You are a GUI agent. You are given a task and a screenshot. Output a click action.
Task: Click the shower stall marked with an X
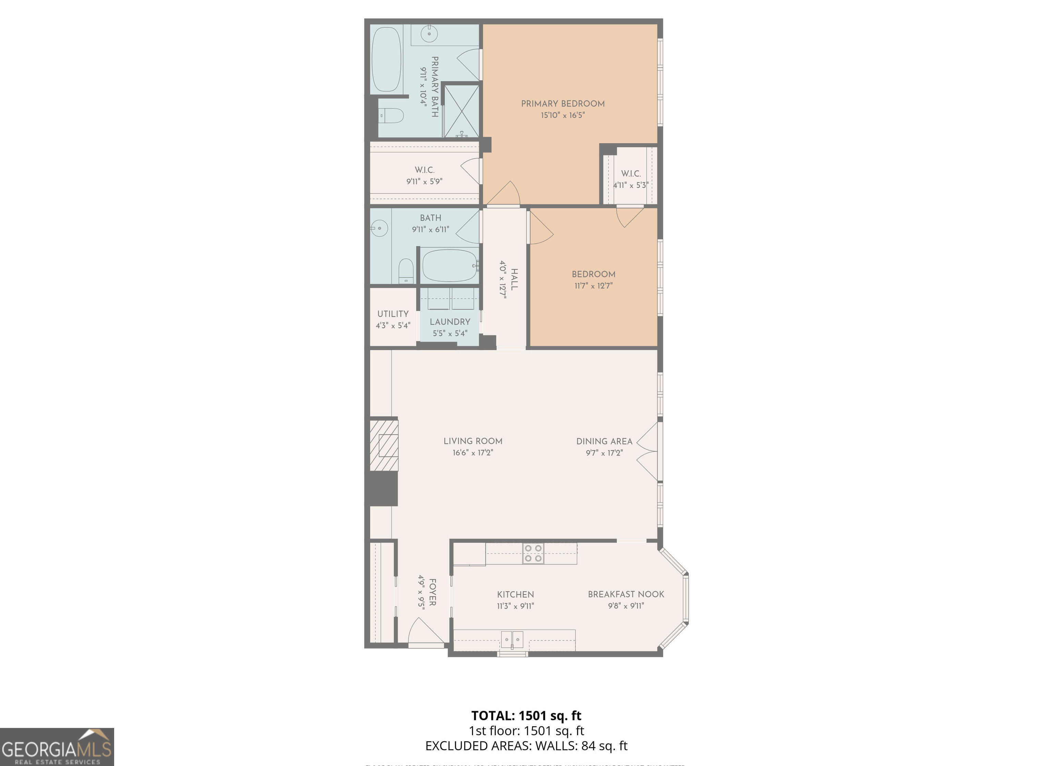click(461, 111)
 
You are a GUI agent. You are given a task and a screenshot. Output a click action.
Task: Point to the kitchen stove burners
click(533, 554)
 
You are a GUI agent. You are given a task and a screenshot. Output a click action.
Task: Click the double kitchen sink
click(512, 640)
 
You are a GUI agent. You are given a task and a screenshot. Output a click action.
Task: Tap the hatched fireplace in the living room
click(384, 445)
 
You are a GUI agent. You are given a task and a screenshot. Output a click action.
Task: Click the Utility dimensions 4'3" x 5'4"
click(393, 326)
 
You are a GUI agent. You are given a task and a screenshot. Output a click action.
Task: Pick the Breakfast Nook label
click(626, 594)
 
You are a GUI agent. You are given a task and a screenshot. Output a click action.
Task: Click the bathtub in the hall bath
click(449, 266)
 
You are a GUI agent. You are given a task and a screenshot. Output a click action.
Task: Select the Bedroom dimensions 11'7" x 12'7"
click(593, 286)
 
